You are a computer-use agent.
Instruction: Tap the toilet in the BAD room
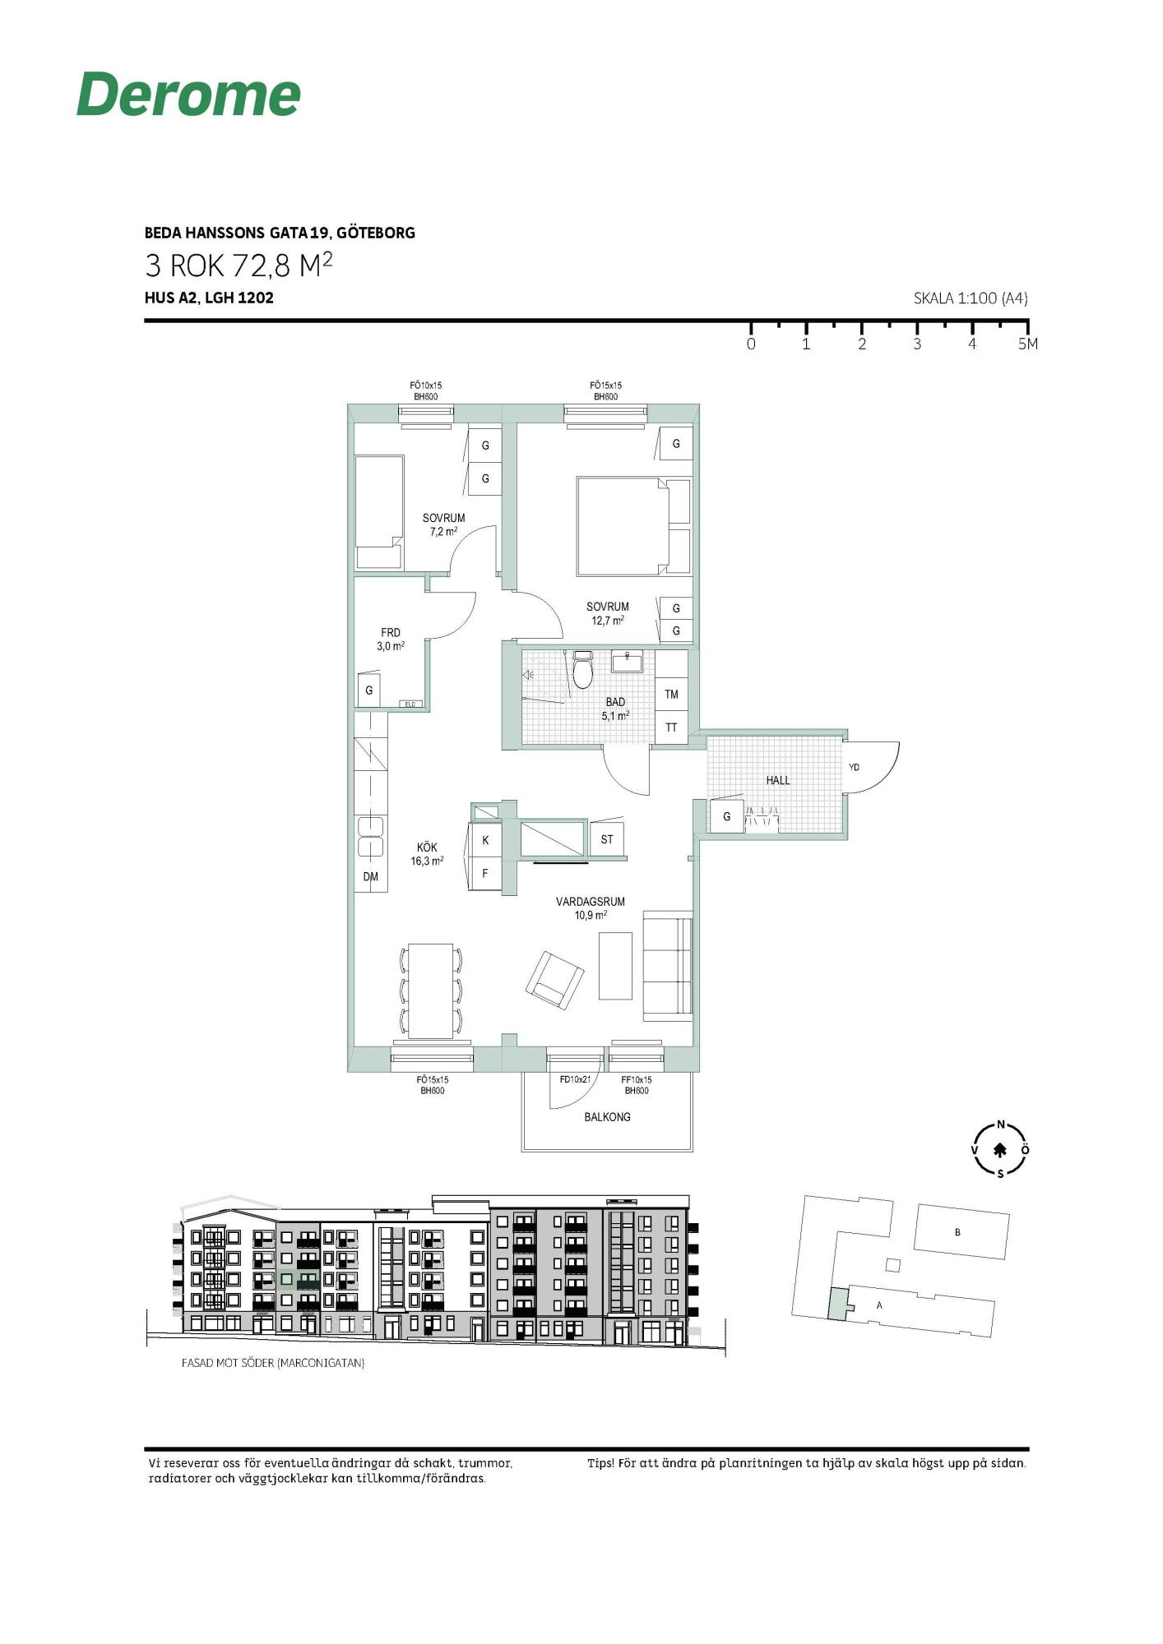(x=583, y=670)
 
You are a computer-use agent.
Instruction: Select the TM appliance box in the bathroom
(x=671, y=695)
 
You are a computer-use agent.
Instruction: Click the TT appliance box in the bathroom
(x=671, y=727)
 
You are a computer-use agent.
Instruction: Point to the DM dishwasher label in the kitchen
(x=371, y=877)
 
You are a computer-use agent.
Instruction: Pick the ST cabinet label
(x=607, y=839)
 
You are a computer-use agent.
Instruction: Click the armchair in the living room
(x=555, y=980)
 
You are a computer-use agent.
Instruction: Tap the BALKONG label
(x=607, y=1117)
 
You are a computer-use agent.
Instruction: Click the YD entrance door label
(x=854, y=767)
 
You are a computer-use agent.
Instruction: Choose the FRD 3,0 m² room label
(x=391, y=640)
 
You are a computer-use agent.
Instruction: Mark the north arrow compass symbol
(x=1000, y=1150)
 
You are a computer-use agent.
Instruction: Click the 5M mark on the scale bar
(x=1027, y=344)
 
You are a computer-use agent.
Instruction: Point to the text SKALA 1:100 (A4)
(x=971, y=298)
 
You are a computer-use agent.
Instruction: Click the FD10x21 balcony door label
(x=575, y=1079)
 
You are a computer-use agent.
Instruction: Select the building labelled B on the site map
(x=961, y=1231)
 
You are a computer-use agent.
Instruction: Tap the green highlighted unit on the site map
(x=837, y=1304)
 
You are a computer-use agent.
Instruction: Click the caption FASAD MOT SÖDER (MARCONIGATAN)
(x=273, y=1362)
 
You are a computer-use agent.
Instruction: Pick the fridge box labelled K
(x=485, y=840)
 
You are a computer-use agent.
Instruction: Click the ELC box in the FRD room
(x=410, y=704)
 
